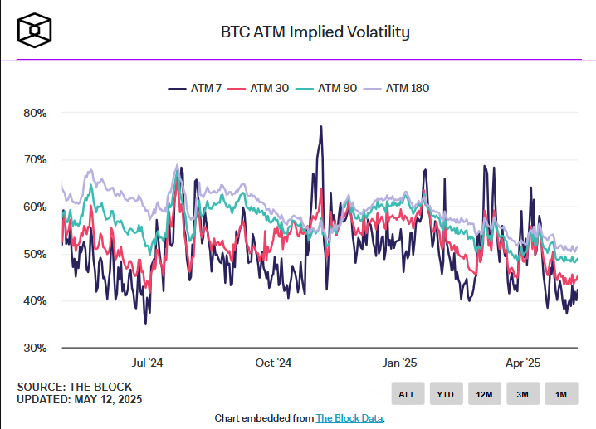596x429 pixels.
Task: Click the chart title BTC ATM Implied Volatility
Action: click(315, 32)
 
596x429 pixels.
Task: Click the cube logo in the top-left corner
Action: click(35, 31)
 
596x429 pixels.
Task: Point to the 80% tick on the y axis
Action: click(35, 113)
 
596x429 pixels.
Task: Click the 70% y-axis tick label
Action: click(35, 159)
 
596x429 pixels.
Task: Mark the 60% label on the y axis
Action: click(35, 207)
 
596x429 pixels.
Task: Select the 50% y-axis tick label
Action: click(35, 254)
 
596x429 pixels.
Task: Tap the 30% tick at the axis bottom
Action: click(35, 348)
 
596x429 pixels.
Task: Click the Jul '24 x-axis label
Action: click(147, 363)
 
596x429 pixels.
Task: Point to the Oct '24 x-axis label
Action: click(273, 363)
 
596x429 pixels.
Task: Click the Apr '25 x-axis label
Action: click(523, 363)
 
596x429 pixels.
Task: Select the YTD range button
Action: click(445, 394)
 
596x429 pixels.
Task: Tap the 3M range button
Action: click(522, 394)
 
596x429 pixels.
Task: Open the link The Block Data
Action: click(349, 418)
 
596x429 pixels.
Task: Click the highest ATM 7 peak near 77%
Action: click(320, 127)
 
